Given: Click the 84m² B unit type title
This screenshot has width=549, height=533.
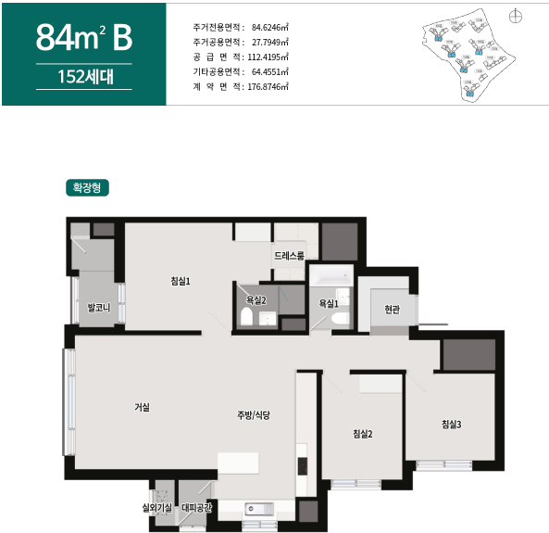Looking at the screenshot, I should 84,38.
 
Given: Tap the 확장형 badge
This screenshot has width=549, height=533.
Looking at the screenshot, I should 89,187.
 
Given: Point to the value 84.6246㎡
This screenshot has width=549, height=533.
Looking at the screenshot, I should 269,27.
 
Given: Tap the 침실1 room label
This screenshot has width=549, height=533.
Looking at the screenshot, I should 181,281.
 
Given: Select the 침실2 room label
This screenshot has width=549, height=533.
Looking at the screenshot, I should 362,434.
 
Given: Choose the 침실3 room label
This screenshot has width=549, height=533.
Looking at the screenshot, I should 451,425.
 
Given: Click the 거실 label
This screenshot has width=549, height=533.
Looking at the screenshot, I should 142,407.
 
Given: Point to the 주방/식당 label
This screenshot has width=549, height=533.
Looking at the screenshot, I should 253,415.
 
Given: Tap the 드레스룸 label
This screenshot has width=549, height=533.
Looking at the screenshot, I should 289,255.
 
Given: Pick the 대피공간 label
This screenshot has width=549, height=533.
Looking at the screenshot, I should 196,507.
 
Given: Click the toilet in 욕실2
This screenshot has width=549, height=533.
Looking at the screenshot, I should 246,318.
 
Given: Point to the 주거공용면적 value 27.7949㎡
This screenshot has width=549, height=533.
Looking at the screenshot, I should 269,42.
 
